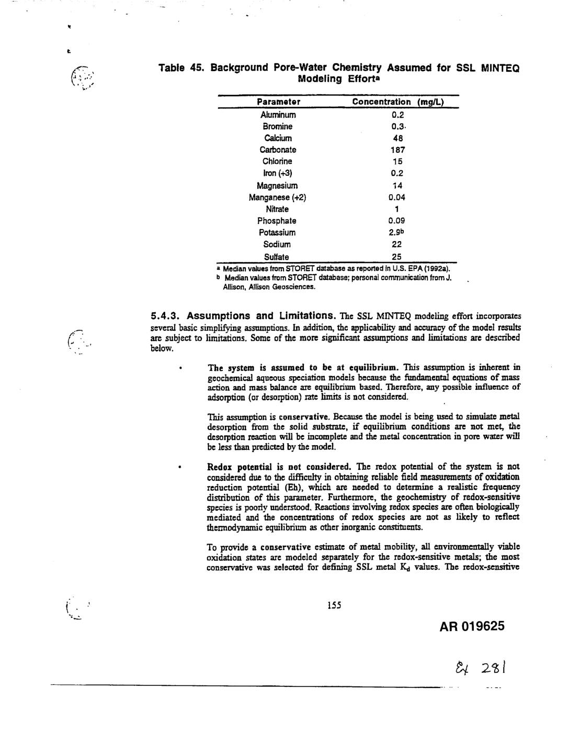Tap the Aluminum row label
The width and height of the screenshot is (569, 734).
(x=278, y=115)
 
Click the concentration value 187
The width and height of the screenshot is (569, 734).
(x=398, y=150)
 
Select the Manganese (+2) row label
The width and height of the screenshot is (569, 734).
(x=277, y=197)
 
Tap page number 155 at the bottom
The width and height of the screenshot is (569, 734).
(x=334, y=605)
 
